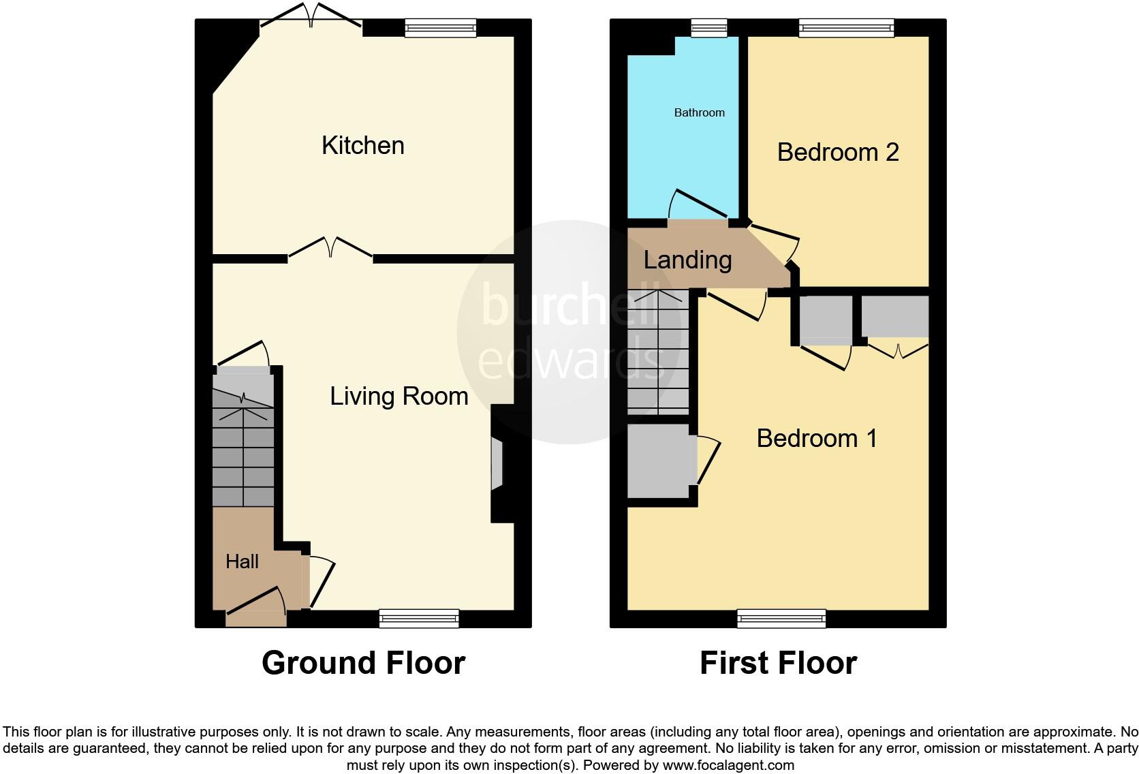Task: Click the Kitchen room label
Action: (x=362, y=145)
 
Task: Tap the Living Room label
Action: (x=399, y=396)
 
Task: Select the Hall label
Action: (x=242, y=561)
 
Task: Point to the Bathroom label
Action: (x=699, y=112)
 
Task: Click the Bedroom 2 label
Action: (x=837, y=152)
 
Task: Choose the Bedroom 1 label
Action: (x=816, y=438)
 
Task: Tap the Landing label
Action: (x=687, y=260)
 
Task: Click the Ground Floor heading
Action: (x=363, y=663)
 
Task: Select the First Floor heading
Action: (x=778, y=663)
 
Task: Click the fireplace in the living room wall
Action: (x=497, y=464)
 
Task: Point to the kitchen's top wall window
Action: (x=440, y=27)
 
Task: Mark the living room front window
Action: (x=419, y=619)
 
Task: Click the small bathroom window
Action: (x=708, y=27)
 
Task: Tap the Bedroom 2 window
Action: (x=846, y=27)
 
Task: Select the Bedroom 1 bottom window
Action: (x=781, y=619)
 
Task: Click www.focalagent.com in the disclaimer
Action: (x=728, y=764)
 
